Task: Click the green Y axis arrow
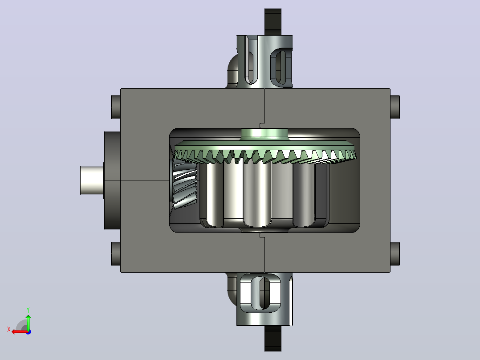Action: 28,322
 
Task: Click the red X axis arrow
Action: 19,331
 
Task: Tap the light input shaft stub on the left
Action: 92,180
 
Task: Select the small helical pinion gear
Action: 185,185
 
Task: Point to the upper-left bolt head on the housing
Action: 116,107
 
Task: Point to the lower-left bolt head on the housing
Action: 116,254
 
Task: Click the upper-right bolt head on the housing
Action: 395,107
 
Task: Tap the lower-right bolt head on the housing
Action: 395,254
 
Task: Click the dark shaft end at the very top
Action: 273,22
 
